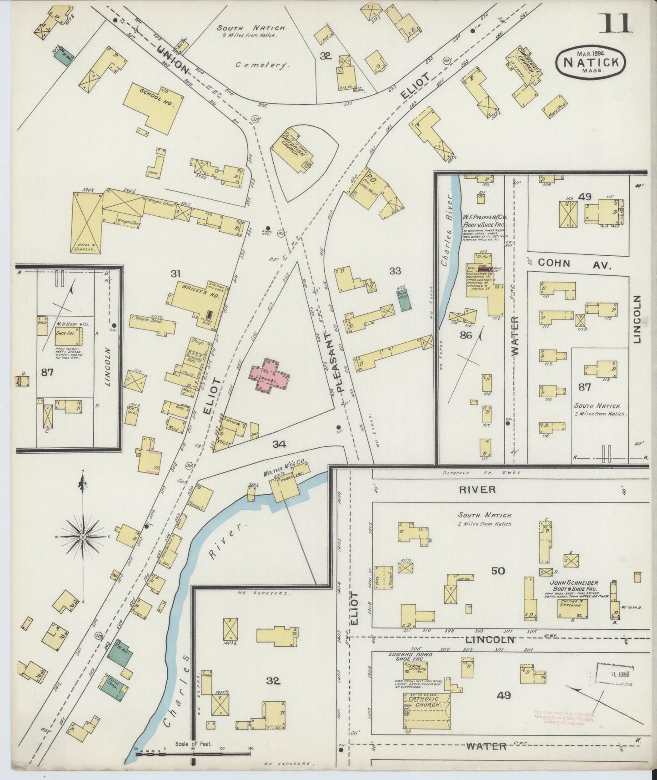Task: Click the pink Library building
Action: pos(269,375)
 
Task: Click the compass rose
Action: pos(83,537)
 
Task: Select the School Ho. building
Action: pos(152,105)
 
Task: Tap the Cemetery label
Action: pos(262,65)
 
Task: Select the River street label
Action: pos(476,489)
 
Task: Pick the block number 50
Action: pos(498,570)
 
